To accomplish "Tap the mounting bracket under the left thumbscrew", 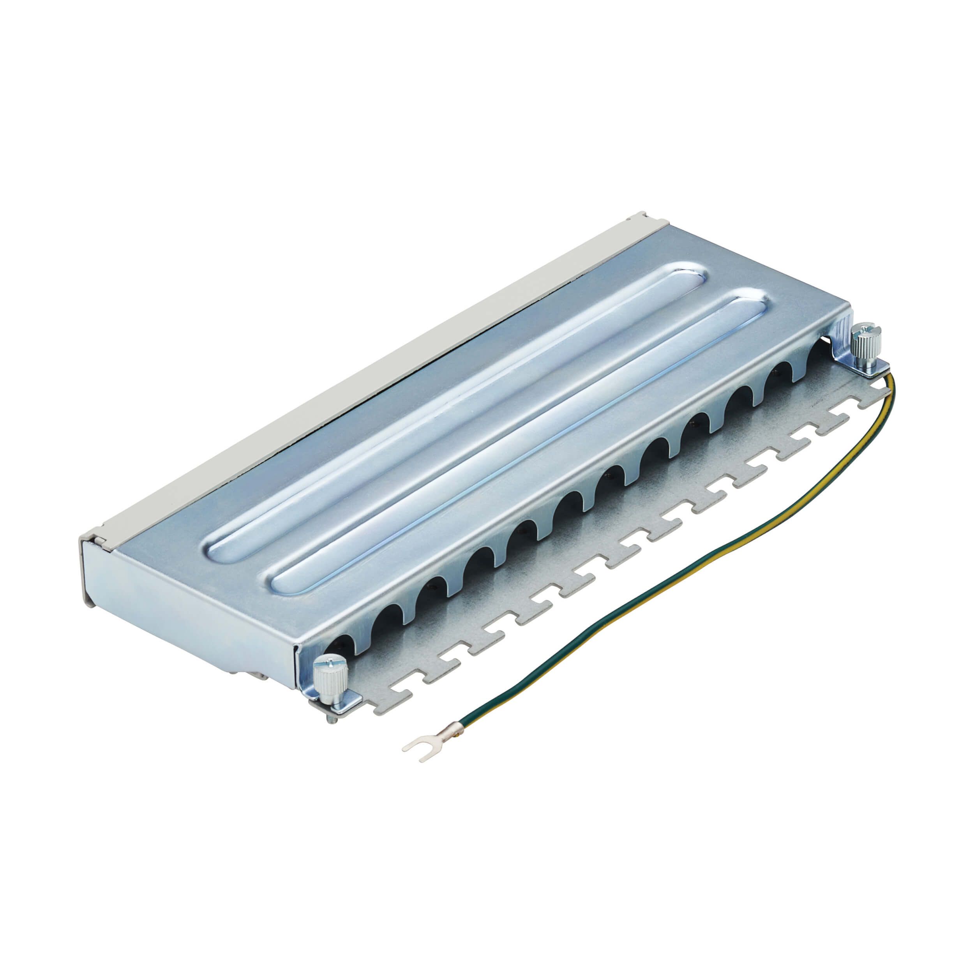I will (x=343, y=703).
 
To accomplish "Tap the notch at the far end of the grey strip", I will (x=638, y=217).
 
